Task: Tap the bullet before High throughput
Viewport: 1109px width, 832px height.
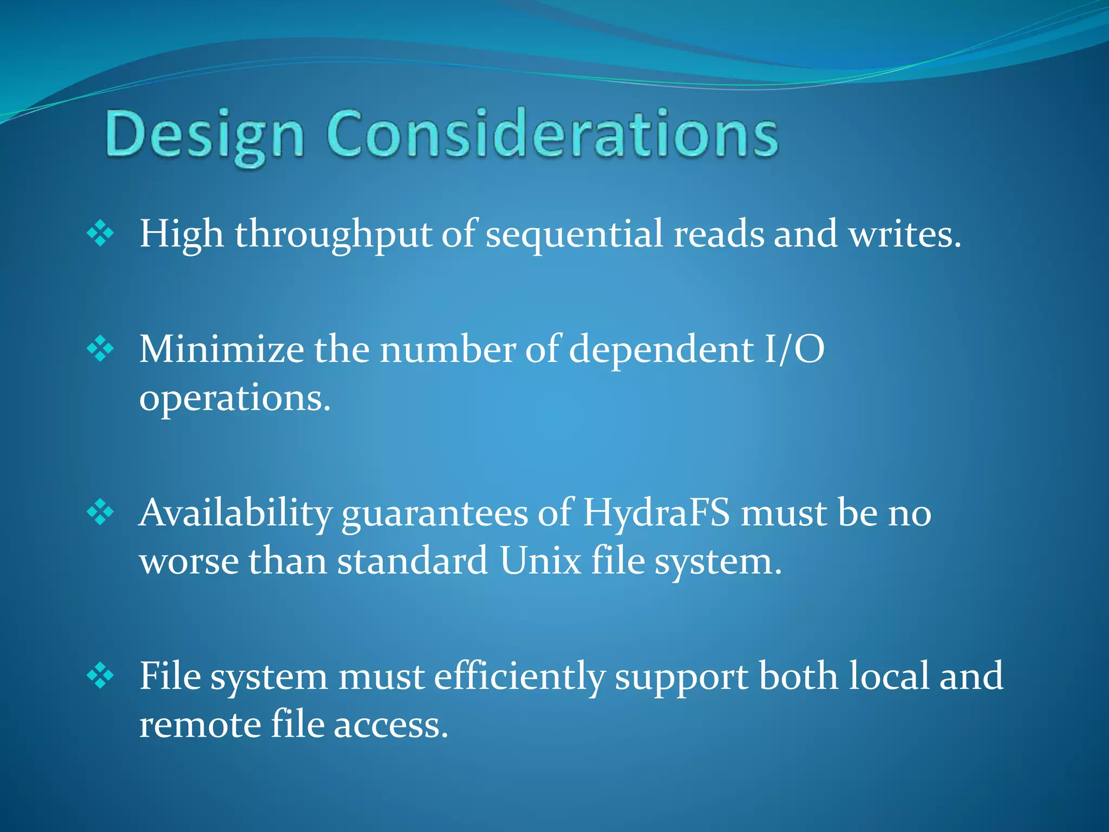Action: click(101, 234)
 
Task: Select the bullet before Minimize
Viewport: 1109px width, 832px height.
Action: click(101, 349)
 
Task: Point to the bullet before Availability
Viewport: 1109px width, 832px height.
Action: click(101, 512)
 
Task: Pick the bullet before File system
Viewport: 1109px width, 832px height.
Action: click(101, 676)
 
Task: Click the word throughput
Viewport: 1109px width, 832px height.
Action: click(333, 235)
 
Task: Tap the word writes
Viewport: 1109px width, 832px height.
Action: click(904, 234)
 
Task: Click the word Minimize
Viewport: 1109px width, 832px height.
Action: click(221, 349)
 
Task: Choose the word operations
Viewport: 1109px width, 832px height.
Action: click(234, 399)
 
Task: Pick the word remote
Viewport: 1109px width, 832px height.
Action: click(200, 725)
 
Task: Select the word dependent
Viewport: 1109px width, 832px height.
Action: click(661, 350)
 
